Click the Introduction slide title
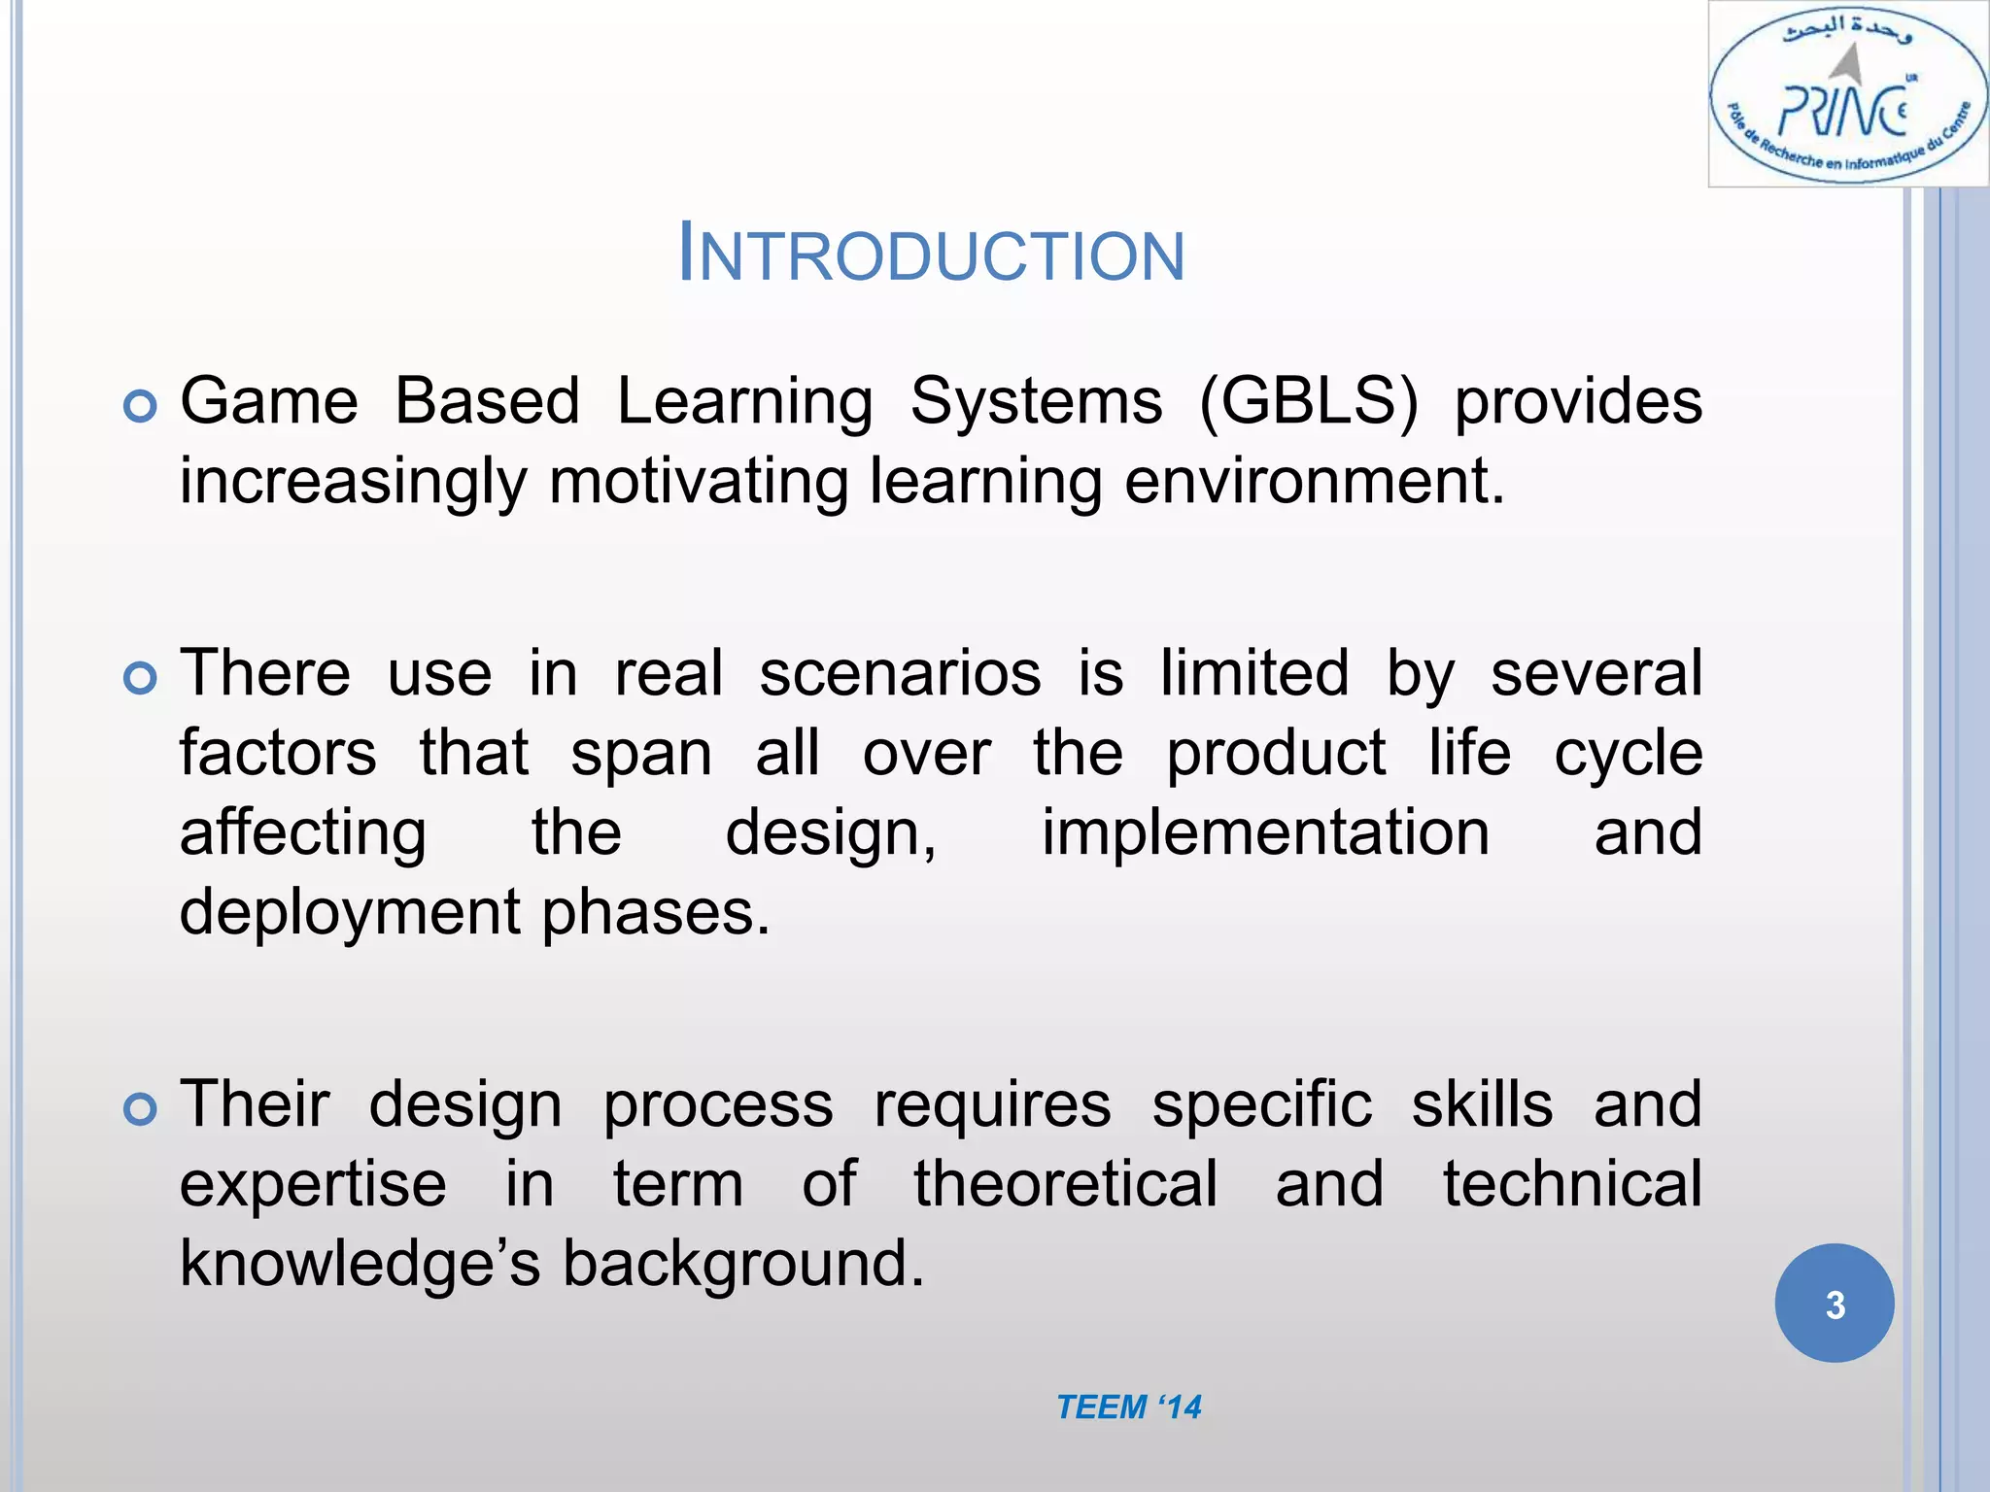(931, 254)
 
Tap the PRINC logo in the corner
(1847, 95)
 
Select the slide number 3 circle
(1834, 1304)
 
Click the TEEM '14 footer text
(1128, 1407)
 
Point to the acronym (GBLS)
(1308, 401)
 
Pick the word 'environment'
(1307, 482)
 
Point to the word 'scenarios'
(900, 673)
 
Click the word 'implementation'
(1265, 832)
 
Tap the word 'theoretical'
(1065, 1184)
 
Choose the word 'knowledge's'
(360, 1264)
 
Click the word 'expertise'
(313, 1184)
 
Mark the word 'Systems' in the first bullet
(1036, 401)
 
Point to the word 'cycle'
(1628, 753)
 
